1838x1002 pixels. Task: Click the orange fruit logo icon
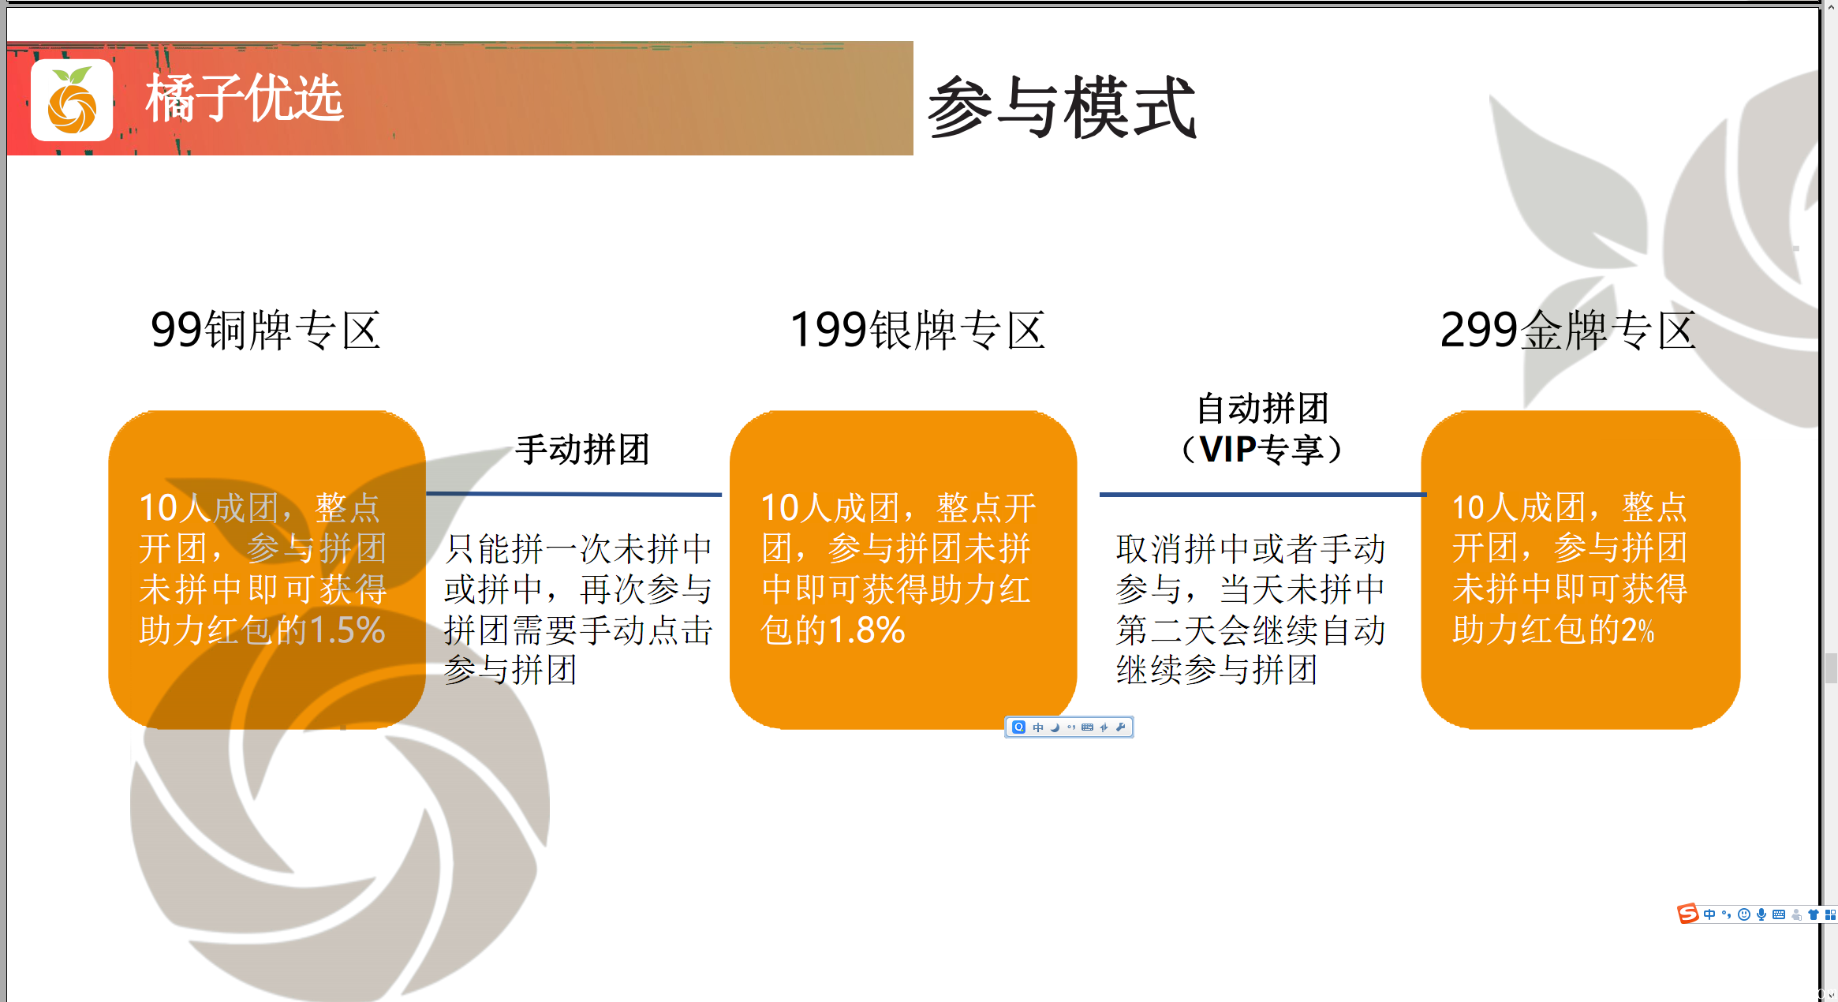pos(71,101)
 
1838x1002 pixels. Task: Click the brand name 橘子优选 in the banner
pos(244,99)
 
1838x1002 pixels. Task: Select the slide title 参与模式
pos(1062,108)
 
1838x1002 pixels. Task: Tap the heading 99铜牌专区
pos(266,330)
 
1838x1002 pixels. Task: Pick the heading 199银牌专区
pos(917,330)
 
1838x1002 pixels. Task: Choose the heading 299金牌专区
pos(1567,330)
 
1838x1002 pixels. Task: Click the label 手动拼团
pos(582,450)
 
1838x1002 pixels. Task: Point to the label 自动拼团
pos(1262,409)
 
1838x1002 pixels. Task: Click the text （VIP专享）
pos(1262,450)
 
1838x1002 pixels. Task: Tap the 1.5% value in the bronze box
pos(347,630)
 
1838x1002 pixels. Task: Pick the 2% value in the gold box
pos(1638,630)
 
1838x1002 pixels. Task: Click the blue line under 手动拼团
pos(573,494)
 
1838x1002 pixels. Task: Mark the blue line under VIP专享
pos(1262,495)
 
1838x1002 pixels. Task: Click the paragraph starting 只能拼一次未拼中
pos(577,609)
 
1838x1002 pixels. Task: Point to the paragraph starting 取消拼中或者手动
pos(1250,609)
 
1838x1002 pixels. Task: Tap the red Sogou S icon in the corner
pos(1687,914)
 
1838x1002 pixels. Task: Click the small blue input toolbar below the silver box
pos(1069,727)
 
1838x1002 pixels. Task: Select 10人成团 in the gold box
pos(1519,507)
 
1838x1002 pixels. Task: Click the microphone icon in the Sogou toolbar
pos(1761,914)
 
